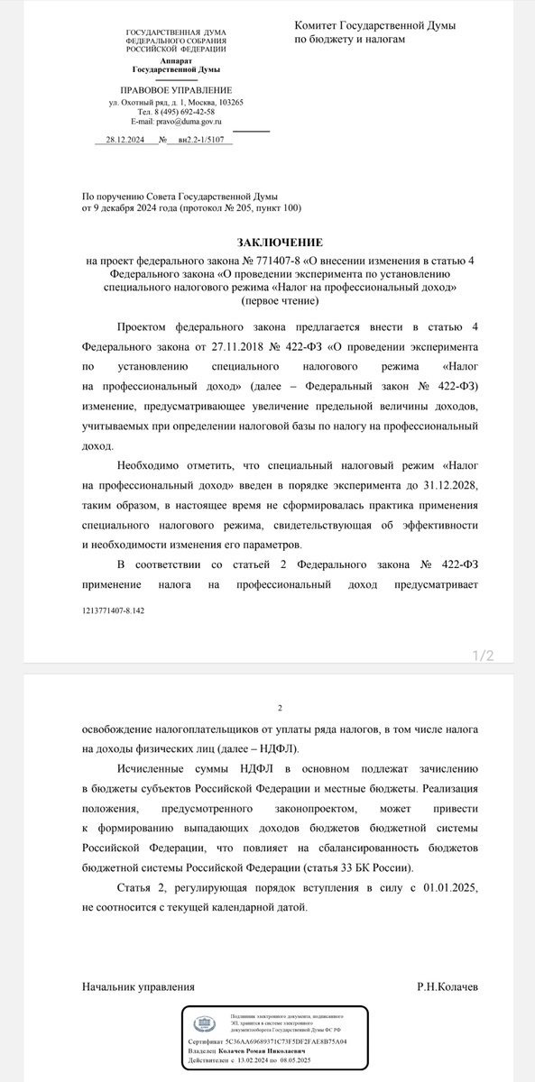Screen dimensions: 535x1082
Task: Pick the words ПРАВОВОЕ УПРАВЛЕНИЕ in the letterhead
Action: (x=176, y=90)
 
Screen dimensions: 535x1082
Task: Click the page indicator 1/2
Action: (x=484, y=656)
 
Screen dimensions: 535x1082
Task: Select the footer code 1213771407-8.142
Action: (x=113, y=610)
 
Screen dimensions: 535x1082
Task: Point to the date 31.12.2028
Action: (x=460, y=486)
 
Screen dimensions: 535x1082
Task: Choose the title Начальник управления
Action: (x=138, y=988)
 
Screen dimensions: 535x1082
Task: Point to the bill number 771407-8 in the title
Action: (x=241, y=261)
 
